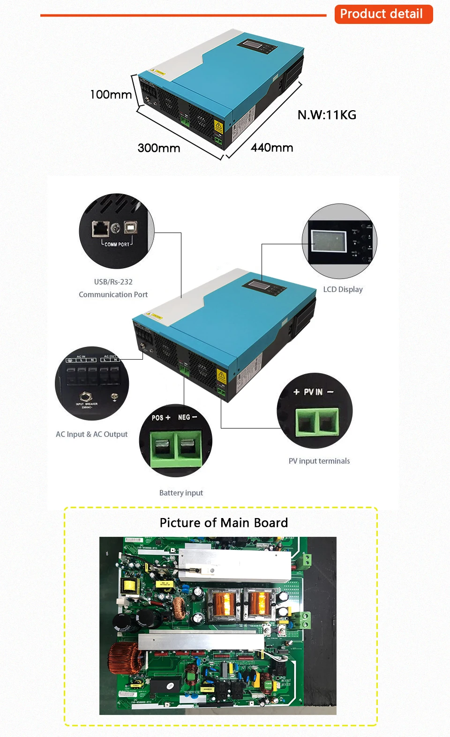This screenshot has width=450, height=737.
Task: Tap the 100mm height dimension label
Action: tap(111, 95)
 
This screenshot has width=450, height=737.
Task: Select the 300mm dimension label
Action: tap(159, 148)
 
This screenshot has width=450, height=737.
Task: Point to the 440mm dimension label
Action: tap(272, 148)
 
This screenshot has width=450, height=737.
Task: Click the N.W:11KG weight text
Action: tap(327, 115)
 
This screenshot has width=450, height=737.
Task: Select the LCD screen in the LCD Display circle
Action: tap(329, 242)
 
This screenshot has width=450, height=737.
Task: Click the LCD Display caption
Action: tap(343, 289)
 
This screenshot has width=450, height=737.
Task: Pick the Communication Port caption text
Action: tap(113, 294)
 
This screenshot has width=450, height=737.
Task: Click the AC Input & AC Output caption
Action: tap(91, 434)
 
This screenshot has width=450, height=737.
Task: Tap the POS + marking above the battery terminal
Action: tap(161, 417)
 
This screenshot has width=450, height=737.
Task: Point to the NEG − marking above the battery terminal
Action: tap(187, 417)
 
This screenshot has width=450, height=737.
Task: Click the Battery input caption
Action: tap(181, 493)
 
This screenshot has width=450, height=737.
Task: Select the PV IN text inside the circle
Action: tap(313, 392)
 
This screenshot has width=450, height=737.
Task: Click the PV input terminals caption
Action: tap(319, 461)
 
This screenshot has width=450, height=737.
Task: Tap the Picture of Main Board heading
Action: tap(224, 523)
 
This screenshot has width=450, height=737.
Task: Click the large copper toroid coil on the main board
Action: tap(120, 658)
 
